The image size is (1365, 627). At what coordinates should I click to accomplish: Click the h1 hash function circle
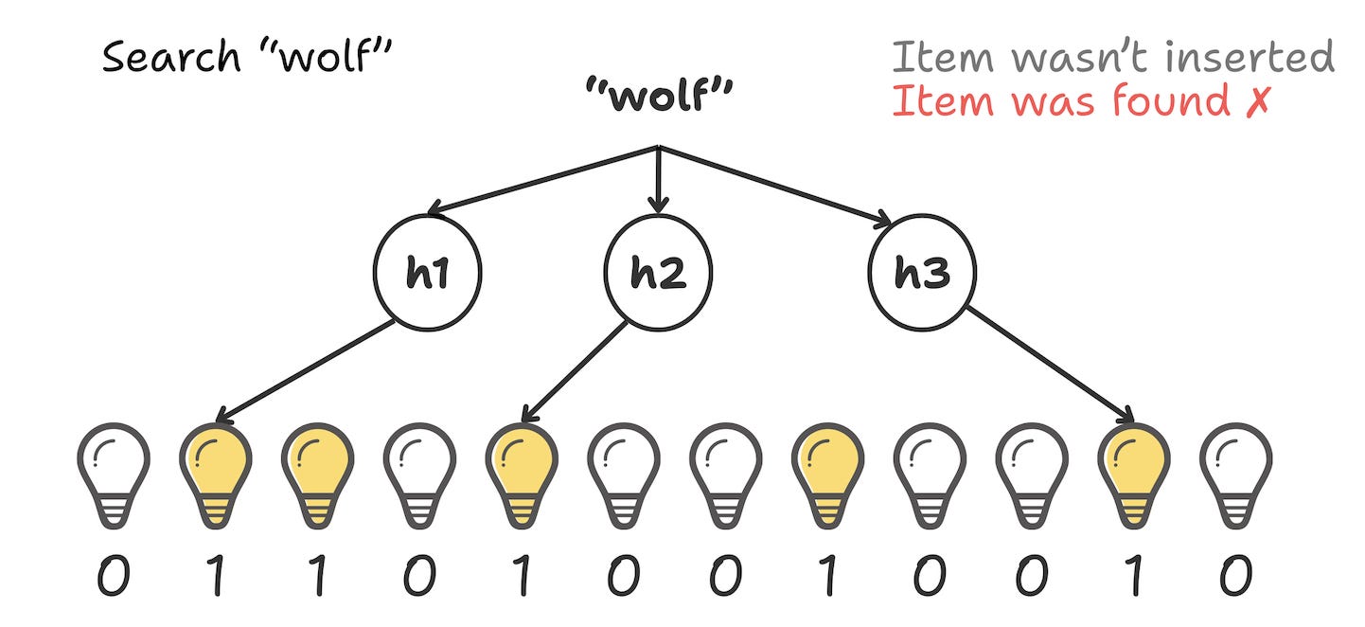429,273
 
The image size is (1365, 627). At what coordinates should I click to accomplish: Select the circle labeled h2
658,273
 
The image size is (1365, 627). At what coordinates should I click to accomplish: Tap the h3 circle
921,273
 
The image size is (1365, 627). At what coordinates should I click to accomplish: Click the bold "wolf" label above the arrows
660,96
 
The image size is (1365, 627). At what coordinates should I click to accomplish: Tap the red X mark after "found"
1255,100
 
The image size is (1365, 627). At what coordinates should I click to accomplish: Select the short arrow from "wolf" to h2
660,180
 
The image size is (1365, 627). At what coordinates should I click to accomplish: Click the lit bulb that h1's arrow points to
216,473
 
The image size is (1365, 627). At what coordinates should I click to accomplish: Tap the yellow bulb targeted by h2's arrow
519,473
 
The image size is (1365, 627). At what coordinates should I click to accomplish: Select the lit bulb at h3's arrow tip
1134,473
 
